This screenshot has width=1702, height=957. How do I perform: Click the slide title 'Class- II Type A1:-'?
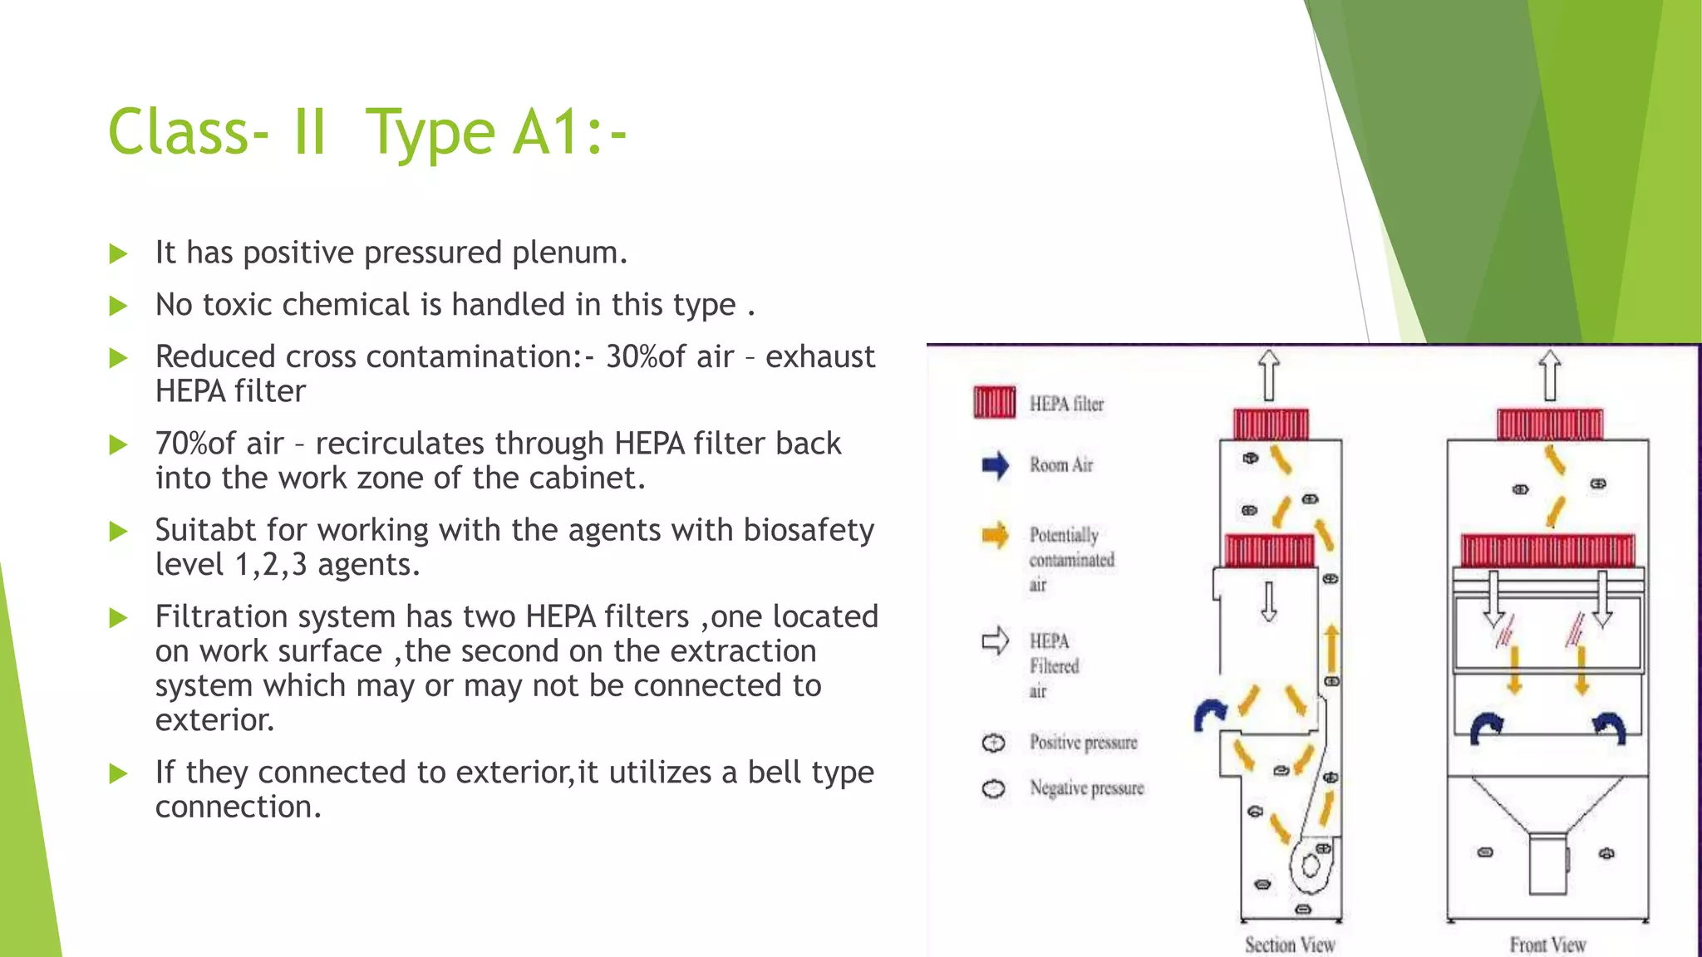(366, 133)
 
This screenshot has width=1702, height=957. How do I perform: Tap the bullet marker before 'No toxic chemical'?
(119, 306)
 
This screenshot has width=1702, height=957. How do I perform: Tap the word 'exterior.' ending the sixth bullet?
(214, 719)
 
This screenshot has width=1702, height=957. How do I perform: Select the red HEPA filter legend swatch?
(994, 402)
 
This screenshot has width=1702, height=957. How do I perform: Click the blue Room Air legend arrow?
(995, 465)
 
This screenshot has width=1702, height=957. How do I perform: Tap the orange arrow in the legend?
(995, 535)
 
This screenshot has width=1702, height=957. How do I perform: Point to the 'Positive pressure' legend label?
(1083, 742)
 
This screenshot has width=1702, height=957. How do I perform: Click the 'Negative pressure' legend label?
(1086, 788)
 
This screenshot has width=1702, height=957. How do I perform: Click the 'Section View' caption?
(1290, 945)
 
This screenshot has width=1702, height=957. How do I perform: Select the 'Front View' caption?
(1547, 945)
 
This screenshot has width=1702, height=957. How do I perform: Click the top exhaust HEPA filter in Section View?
(1271, 424)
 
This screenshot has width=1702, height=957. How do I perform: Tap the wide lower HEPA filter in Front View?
(1547, 550)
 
